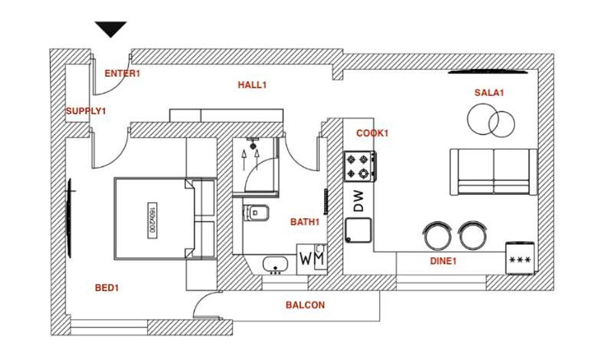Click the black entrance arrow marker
[x=111, y=29]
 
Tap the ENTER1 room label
[x=122, y=73]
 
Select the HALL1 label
[x=253, y=85]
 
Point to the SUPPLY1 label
[x=86, y=111]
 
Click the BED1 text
[x=107, y=288]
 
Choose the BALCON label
[x=305, y=305]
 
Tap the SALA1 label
[x=489, y=93]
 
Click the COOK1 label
[x=373, y=133]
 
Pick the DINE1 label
[x=443, y=261]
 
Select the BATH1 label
[x=305, y=222]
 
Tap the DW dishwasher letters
[x=359, y=201]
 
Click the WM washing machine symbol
[x=312, y=259]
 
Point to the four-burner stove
[x=360, y=166]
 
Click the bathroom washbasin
[x=275, y=265]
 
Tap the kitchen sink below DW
[x=359, y=230]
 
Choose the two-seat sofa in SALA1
[x=494, y=172]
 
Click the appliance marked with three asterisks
[x=519, y=257]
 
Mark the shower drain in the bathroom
[x=253, y=146]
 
